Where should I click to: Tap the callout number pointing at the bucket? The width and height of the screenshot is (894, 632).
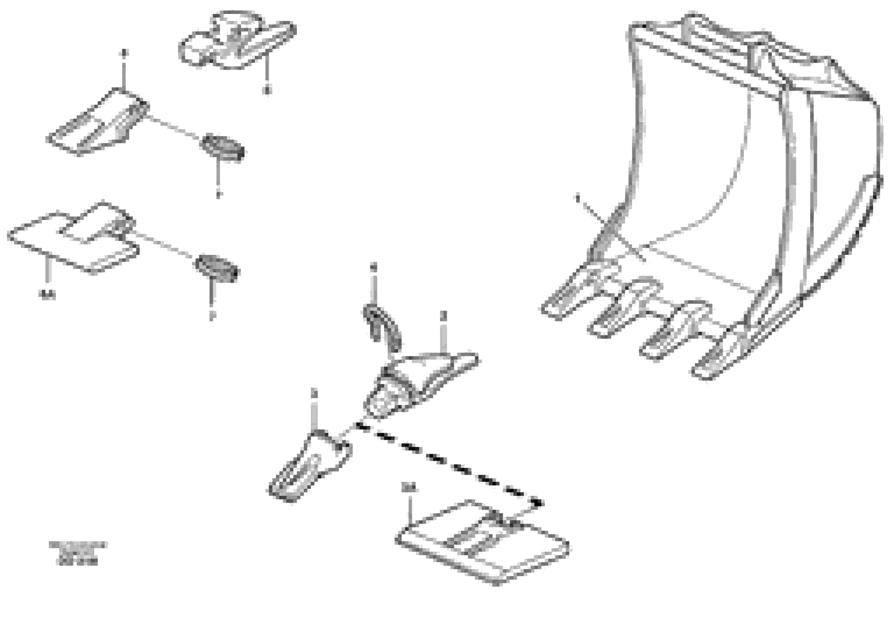(577, 197)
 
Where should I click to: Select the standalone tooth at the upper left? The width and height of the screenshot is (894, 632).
(97, 123)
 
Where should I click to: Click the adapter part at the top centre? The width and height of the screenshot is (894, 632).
(235, 41)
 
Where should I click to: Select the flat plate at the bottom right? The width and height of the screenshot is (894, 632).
(483, 543)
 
